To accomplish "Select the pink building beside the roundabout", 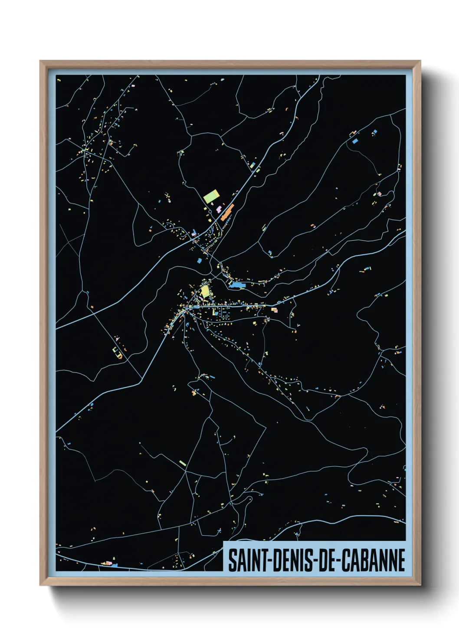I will coord(218,210).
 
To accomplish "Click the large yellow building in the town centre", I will coord(205,290).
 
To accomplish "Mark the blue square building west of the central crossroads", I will coord(200,261).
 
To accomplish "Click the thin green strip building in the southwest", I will coord(183,463).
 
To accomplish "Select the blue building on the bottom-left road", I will coord(114,565).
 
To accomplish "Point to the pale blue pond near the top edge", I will coord(223,80).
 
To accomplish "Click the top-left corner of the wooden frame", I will coord(40,61).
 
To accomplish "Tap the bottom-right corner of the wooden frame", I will coord(420,585).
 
